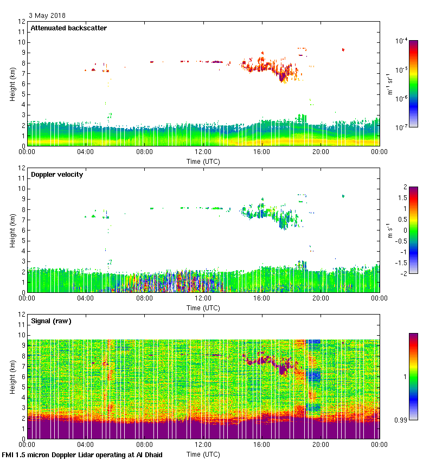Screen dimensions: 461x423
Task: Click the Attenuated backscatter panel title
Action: point(68,28)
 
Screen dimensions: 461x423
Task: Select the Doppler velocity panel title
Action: point(57,175)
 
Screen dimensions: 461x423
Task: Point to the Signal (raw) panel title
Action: point(51,321)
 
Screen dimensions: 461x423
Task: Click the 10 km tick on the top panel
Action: point(22,42)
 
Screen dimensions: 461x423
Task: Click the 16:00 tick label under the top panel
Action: point(262,152)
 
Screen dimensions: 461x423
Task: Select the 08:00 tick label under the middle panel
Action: point(144,298)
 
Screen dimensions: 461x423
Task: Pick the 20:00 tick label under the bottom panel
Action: point(321,445)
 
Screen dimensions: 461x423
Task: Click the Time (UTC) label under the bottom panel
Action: point(203,453)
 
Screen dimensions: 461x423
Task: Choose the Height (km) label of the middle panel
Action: point(12,230)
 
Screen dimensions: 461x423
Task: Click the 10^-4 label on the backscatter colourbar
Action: point(401,41)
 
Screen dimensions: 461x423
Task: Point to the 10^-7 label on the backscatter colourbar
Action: point(401,127)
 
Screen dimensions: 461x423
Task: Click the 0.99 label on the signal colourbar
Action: point(401,420)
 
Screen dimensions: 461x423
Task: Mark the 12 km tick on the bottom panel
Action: point(22,315)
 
